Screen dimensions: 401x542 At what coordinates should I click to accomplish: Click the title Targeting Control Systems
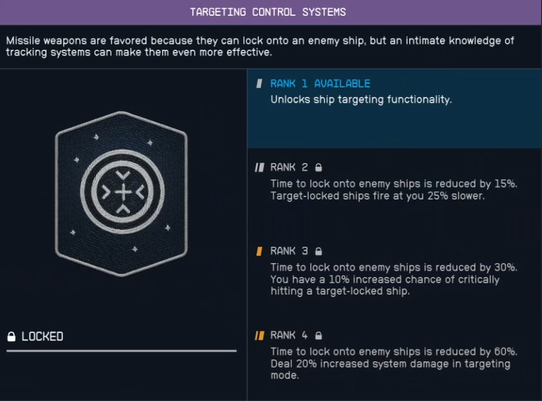[x=268, y=12]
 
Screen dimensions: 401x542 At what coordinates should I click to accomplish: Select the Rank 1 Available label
[x=320, y=84]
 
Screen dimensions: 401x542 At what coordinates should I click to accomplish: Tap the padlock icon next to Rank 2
[x=318, y=167]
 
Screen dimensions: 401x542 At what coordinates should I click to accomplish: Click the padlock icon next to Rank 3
[x=318, y=251]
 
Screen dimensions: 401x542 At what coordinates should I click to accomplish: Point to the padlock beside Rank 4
[x=318, y=336]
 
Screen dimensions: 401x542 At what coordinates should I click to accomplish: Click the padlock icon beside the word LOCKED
[x=11, y=337]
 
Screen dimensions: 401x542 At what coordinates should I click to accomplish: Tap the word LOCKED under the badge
[x=42, y=337]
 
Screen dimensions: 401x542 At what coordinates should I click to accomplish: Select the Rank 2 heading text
[x=289, y=167]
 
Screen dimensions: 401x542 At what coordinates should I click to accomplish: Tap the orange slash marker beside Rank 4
[x=260, y=336]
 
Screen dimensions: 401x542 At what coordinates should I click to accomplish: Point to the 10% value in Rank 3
[x=341, y=280]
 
